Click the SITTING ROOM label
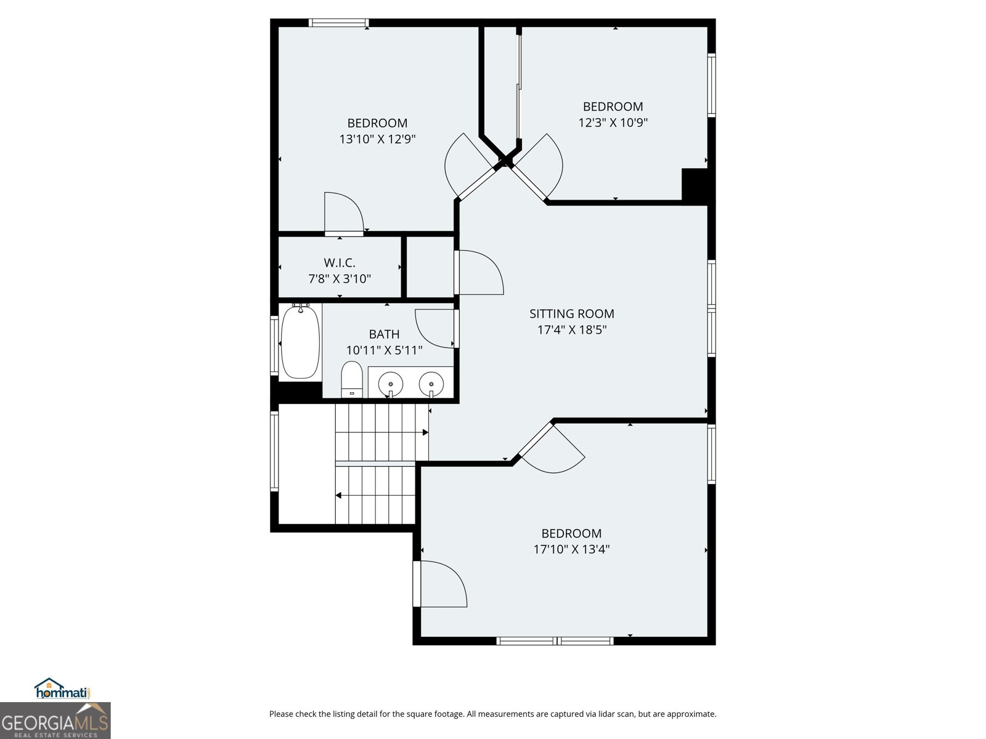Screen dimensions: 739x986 pyautogui.click(x=571, y=313)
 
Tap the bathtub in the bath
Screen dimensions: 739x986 pyautogui.click(x=300, y=342)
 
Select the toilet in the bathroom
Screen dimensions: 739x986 pyautogui.click(x=352, y=379)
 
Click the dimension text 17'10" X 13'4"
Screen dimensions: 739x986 pyautogui.click(x=571, y=549)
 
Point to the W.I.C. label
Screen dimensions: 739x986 pyautogui.click(x=340, y=262)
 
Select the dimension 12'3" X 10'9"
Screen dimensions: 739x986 pyautogui.click(x=613, y=123)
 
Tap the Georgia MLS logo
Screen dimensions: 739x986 pyautogui.click(x=55, y=721)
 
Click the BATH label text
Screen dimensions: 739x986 pyautogui.click(x=384, y=334)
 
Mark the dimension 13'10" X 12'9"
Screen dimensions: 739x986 pyautogui.click(x=377, y=139)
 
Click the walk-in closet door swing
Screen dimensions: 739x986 pyautogui.click(x=344, y=213)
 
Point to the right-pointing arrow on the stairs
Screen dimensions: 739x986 pyautogui.click(x=425, y=433)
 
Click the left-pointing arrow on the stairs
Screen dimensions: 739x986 pyautogui.click(x=339, y=495)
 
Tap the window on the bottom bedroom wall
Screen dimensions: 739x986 pyautogui.click(x=555, y=641)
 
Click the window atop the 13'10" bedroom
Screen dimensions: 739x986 pyautogui.click(x=338, y=23)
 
